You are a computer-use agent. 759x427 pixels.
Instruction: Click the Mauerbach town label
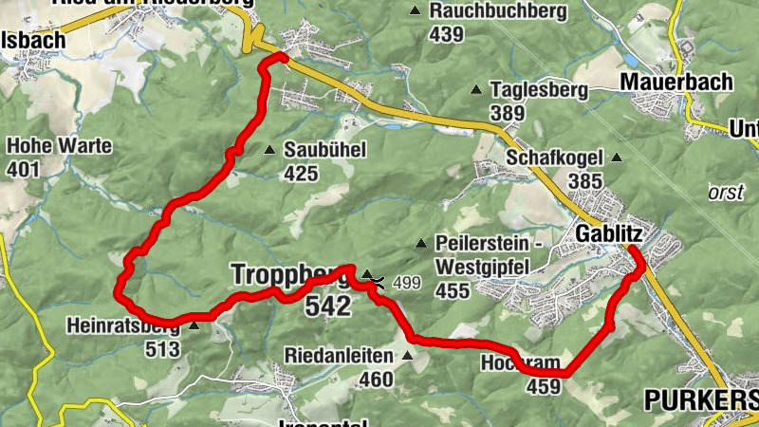tap(676, 82)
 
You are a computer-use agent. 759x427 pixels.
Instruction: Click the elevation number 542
tap(327, 306)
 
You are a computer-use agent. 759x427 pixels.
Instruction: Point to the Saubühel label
tap(324, 150)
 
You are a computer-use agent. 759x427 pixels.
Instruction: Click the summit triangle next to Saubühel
tap(269, 150)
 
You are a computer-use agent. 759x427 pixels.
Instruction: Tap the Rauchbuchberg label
tap(497, 11)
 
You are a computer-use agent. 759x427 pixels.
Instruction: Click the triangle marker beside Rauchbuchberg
tap(415, 11)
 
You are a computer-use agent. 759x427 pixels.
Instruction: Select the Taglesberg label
tap(540, 90)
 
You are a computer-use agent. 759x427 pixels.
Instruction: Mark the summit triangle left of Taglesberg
tap(476, 90)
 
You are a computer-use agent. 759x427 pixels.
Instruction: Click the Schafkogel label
tap(555, 157)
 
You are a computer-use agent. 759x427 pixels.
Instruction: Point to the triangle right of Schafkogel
tap(617, 157)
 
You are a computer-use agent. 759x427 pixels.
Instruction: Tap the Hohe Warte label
tap(59, 146)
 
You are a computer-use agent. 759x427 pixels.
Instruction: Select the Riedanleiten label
tap(339, 356)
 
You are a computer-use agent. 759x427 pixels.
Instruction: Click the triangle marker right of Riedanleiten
tap(408, 356)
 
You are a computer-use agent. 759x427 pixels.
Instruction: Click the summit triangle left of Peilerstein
tap(420, 243)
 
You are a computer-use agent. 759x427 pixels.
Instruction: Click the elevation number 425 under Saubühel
tap(300, 173)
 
